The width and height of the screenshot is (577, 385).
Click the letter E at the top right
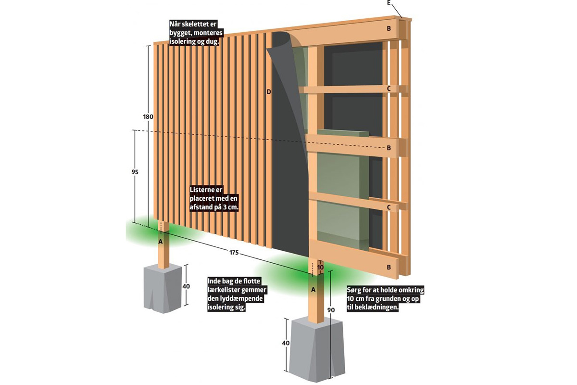tap(389, 3)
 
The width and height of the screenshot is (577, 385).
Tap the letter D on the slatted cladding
tap(269, 91)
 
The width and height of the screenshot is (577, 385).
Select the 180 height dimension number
tap(148, 117)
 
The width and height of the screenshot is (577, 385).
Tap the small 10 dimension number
tap(321, 267)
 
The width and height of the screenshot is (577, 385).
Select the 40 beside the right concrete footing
tap(287, 343)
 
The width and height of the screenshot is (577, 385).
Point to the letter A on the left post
tap(161, 242)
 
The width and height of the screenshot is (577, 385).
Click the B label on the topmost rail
tap(389, 28)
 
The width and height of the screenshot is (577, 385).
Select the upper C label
tap(389, 89)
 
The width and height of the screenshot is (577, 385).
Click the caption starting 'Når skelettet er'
tap(194, 32)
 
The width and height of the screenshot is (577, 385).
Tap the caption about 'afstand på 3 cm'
tap(214, 199)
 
